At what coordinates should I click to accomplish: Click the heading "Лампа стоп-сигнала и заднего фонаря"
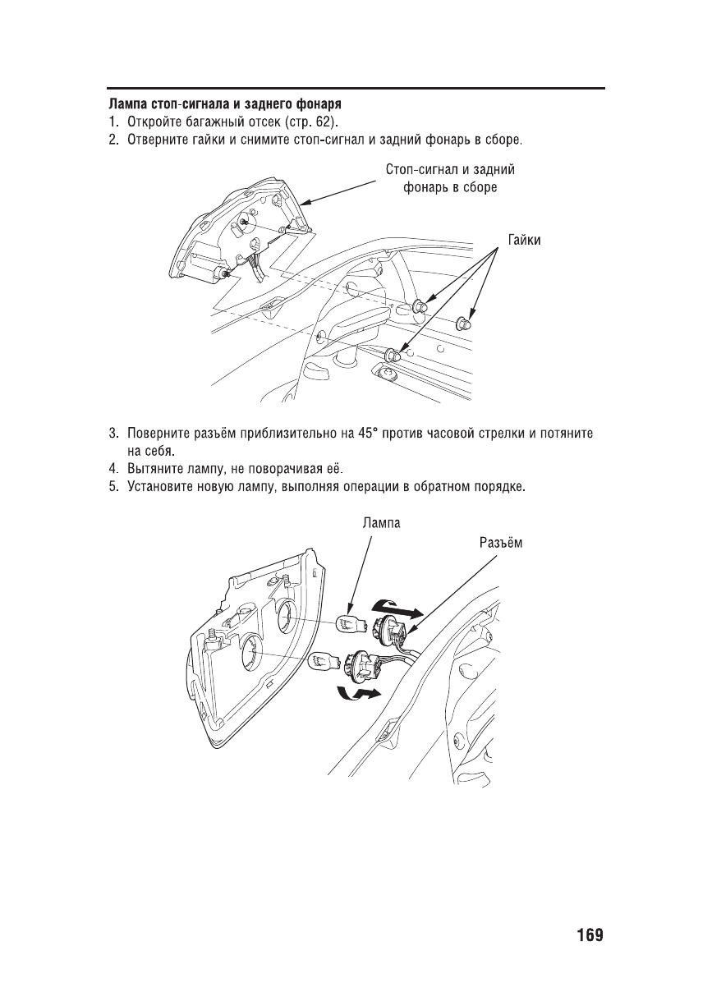point(226,105)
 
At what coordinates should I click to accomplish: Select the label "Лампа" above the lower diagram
point(381,522)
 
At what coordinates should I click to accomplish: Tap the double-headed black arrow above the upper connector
point(397,608)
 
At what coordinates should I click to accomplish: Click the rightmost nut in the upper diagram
point(465,321)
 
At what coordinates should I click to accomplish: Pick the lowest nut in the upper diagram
point(393,355)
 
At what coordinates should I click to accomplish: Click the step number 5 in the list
point(113,488)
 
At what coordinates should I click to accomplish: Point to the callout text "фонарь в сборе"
point(450,187)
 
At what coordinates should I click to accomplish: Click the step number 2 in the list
point(113,139)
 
